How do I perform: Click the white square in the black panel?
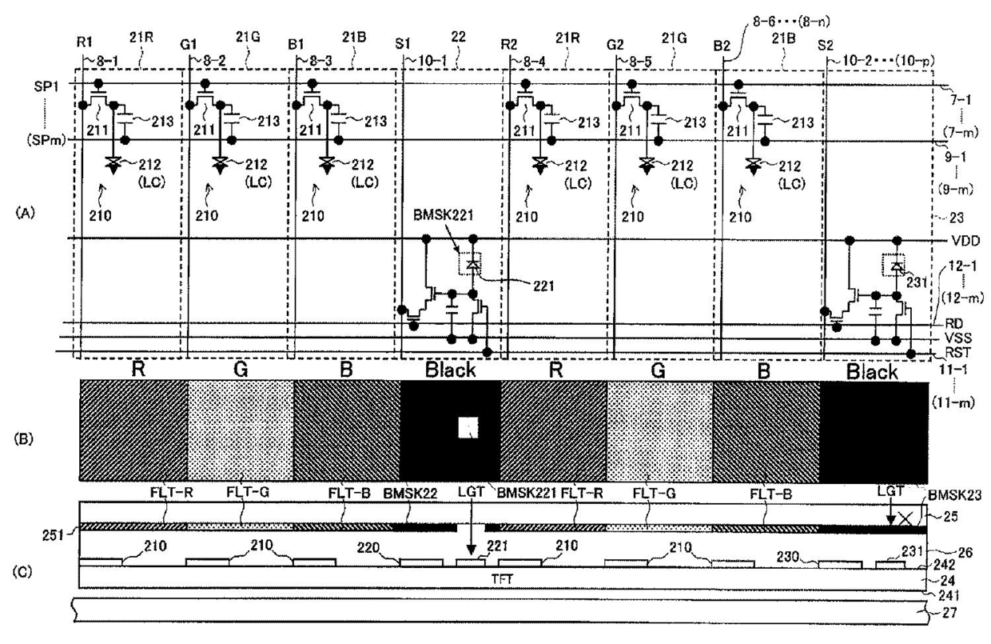467,428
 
